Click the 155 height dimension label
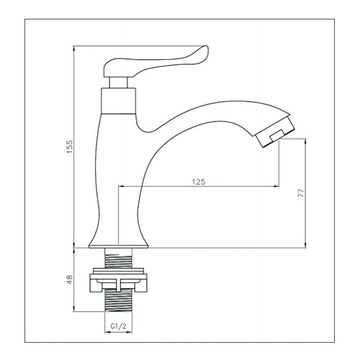pyautogui.click(x=69, y=147)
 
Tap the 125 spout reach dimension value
pyautogui.click(x=199, y=181)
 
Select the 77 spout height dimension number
pyautogui.click(x=301, y=193)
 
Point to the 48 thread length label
pyautogui.click(x=69, y=280)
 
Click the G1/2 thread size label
pyautogui.click(x=118, y=326)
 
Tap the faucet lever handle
pyautogui.click(x=156, y=61)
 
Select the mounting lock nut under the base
pyautogui.click(x=119, y=283)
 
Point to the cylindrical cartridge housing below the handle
pyautogui.click(x=118, y=101)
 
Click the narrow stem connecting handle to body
pyautogui.click(x=118, y=83)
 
